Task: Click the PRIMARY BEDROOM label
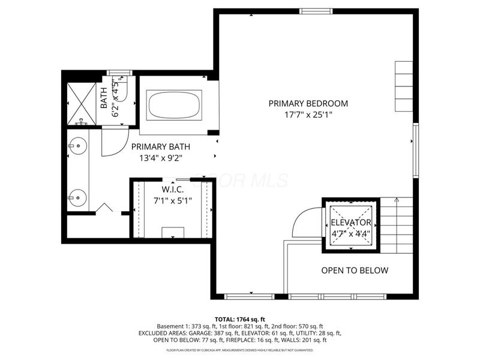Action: pyautogui.click(x=308, y=103)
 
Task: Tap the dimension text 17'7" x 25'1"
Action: pyautogui.click(x=308, y=115)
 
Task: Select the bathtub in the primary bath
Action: pyautogui.click(x=175, y=104)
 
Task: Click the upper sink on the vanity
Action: pyautogui.click(x=75, y=145)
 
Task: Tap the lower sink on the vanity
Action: pyautogui.click(x=75, y=196)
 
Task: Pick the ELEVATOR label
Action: pyautogui.click(x=351, y=222)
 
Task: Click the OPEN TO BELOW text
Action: pyautogui.click(x=355, y=271)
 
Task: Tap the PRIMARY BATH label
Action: pyautogui.click(x=161, y=146)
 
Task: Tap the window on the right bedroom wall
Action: pyautogui.click(x=415, y=150)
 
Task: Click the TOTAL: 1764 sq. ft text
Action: pyautogui.click(x=239, y=319)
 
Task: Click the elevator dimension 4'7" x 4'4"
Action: pyautogui.click(x=351, y=233)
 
